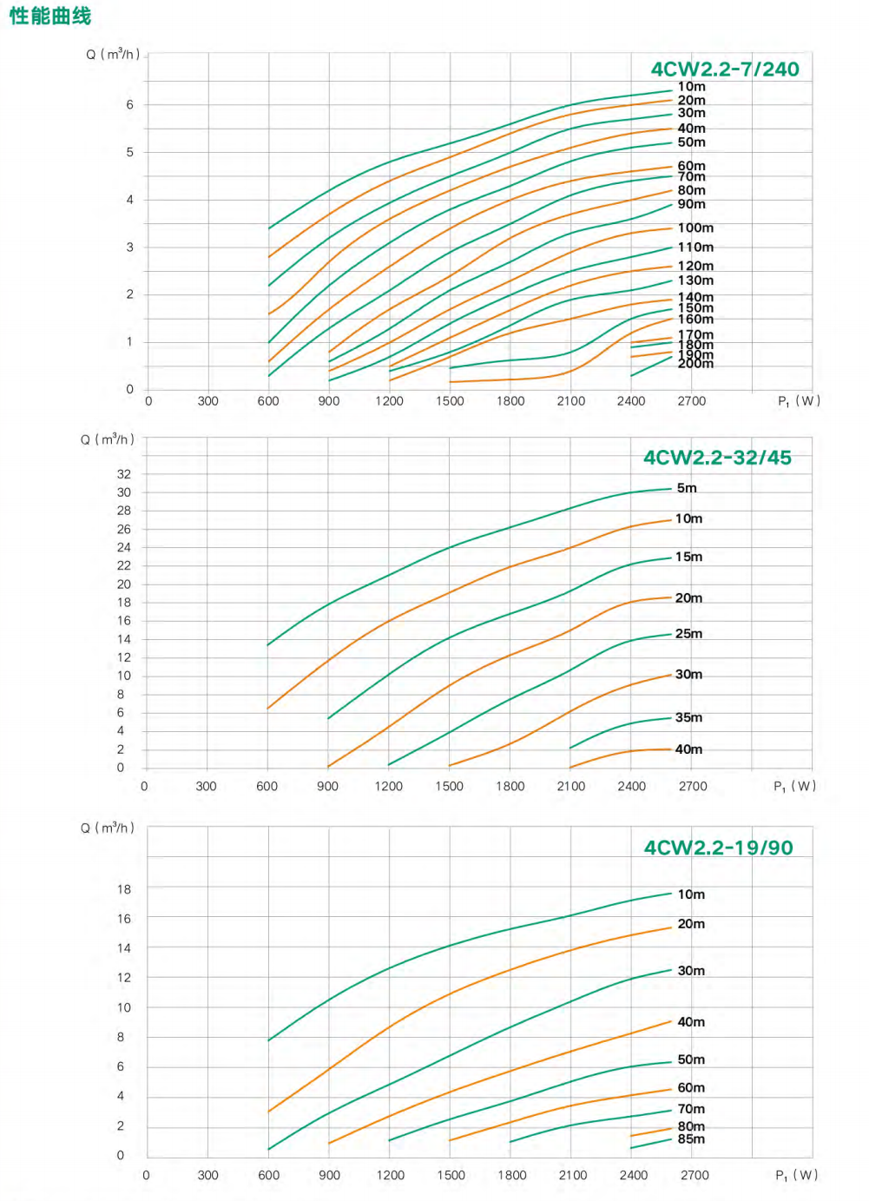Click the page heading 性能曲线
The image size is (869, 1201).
coord(50,16)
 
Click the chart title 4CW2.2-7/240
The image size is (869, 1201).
coord(725,69)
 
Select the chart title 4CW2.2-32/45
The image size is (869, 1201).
coord(717,458)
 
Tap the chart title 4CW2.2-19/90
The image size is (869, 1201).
coord(718,848)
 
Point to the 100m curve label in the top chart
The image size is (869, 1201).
coord(695,228)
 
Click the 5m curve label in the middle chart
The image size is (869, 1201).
coord(687,488)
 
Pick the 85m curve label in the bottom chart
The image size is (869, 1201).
coord(691,1139)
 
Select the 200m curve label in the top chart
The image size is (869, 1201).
coord(695,364)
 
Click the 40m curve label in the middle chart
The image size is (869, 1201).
coord(688,749)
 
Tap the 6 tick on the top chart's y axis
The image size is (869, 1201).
coord(130,105)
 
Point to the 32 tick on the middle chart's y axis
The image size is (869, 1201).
coord(124,474)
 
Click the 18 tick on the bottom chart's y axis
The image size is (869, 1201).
coord(124,889)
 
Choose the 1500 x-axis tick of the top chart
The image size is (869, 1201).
coord(450,401)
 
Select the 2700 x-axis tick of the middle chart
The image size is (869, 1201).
coord(693,787)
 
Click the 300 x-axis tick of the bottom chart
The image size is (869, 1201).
coord(207,1176)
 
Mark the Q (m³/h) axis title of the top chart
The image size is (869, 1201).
coord(113,55)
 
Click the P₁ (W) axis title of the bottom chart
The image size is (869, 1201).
coord(796,1176)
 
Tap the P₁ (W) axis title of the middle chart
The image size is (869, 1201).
coord(794,787)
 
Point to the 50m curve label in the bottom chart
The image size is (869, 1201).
coord(691,1059)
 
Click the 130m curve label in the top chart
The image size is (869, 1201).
coord(695,280)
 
